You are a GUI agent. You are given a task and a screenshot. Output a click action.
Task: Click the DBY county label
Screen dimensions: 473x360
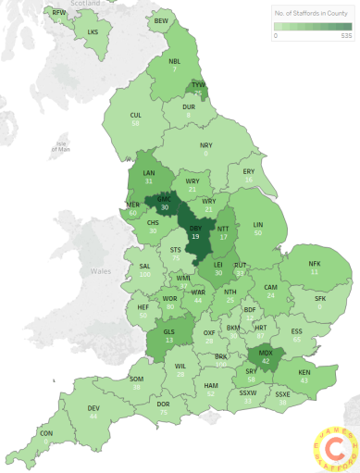coord(195,228)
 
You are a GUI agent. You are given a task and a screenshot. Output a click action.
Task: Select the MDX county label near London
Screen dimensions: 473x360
coord(267,353)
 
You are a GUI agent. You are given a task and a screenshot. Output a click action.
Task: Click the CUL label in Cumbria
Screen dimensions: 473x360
coord(135,115)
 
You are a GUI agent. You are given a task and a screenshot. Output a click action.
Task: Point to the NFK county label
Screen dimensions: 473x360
coord(315,264)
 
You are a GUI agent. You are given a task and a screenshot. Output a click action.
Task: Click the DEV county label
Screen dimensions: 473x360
coord(93,408)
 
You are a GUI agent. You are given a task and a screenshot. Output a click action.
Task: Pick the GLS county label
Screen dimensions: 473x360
coord(168,330)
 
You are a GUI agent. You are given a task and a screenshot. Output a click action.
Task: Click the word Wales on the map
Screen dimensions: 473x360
coord(100,271)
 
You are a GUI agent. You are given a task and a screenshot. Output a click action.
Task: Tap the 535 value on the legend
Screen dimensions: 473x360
coord(347,36)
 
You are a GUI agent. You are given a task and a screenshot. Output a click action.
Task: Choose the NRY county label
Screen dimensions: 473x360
coord(206,145)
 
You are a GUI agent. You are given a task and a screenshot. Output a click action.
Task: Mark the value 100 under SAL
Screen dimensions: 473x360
coord(145,276)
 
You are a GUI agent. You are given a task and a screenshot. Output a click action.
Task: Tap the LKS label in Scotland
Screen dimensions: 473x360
coord(92,31)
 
